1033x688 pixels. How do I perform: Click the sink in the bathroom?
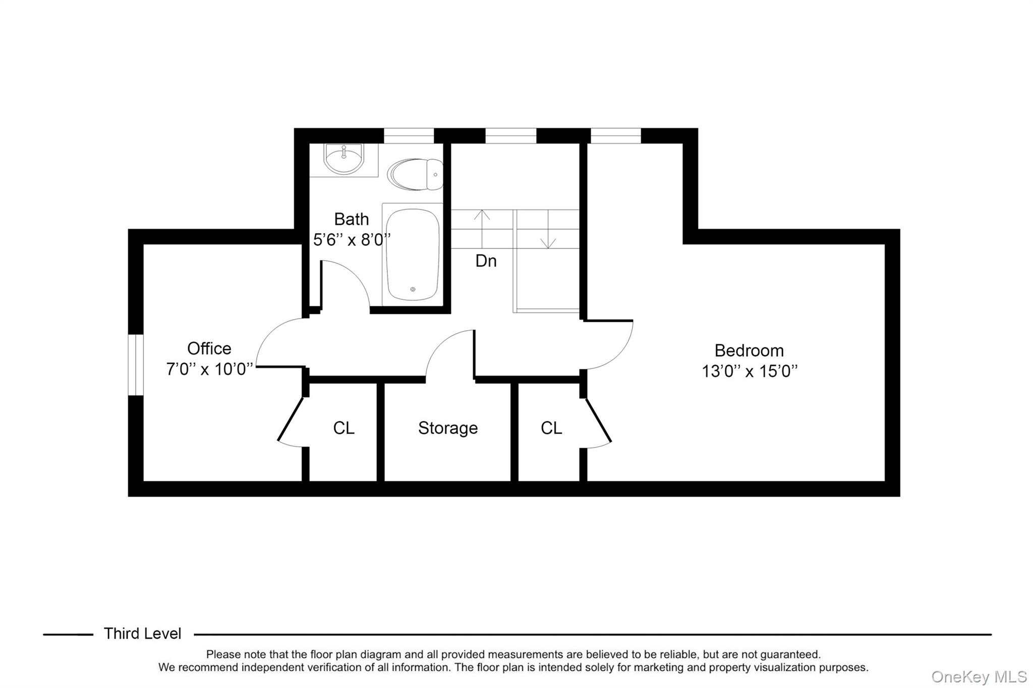click(343, 158)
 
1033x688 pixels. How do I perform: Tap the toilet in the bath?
click(415, 174)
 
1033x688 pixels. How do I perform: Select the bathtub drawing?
click(412, 255)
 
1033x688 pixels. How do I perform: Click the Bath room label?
click(352, 219)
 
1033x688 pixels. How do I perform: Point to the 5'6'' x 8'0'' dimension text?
click(352, 240)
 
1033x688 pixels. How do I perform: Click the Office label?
click(209, 348)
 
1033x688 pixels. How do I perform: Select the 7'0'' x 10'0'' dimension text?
click(209, 369)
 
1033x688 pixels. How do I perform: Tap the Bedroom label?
click(749, 350)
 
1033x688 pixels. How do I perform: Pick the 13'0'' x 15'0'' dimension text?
click(750, 371)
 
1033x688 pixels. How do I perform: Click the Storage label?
click(447, 428)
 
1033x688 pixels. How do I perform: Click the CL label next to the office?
click(343, 428)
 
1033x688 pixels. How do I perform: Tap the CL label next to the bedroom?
click(551, 428)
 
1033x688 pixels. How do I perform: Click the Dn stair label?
click(486, 261)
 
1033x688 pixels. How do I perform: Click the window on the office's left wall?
click(136, 365)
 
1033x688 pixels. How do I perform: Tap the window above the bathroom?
click(409, 136)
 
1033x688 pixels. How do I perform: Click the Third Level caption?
click(142, 634)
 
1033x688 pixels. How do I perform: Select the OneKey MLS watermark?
click(979, 676)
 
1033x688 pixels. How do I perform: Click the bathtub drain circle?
click(413, 289)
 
